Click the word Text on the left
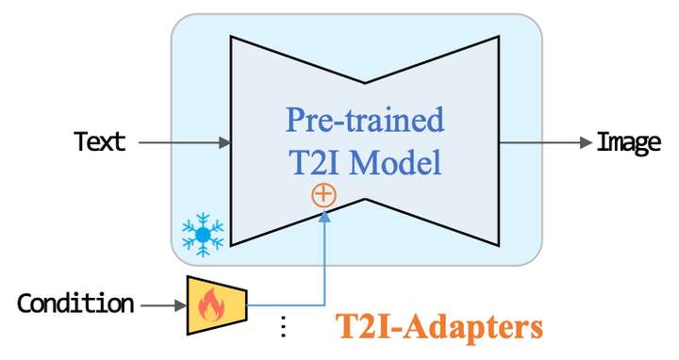tap(100, 142)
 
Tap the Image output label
tap(628, 142)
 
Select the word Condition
tap(75, 303)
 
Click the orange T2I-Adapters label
tap(440, 326)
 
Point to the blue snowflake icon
tap(203, 233)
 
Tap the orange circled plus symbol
tap(323, 195)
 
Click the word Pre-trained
tap(365, 121)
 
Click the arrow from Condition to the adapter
tap(160, 304)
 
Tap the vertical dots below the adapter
tap(282, 327)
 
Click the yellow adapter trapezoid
tap(216, 304)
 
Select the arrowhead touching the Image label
tap(586, 142)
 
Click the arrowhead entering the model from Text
tap(225, 142)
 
